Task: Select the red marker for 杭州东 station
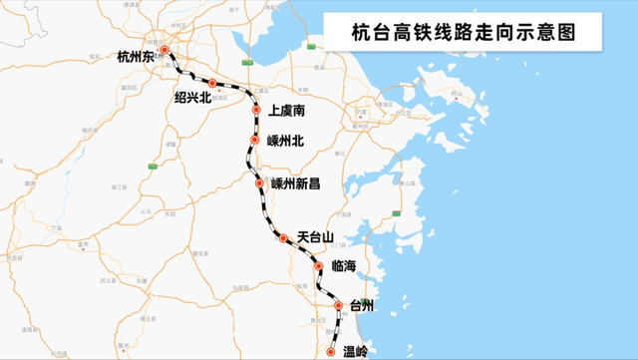point(164,49)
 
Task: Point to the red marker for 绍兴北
point(212,83)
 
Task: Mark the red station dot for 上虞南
point(256,110)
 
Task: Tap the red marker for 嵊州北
point(254,140)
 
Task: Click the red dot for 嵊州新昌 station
point(259,183)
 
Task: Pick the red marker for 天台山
point(283,238)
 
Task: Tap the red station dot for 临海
point(318,267)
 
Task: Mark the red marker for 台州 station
point(338,306)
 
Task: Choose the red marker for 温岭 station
point(331,352)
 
